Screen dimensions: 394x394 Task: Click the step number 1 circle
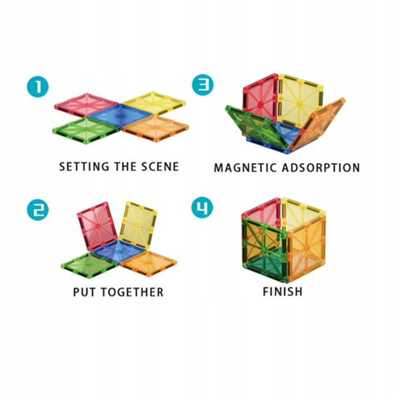[37, 86]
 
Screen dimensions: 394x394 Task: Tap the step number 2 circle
[37, 209]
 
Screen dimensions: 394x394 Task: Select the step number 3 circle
[202, 85]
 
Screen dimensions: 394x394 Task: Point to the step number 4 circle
[202, 208]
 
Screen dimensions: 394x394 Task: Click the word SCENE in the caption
[159, 166]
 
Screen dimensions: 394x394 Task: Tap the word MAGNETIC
[245, 167]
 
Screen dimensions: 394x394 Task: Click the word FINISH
[282, 291]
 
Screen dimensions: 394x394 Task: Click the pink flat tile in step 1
[86, 103]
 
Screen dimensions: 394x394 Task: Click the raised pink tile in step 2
[97, 225]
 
